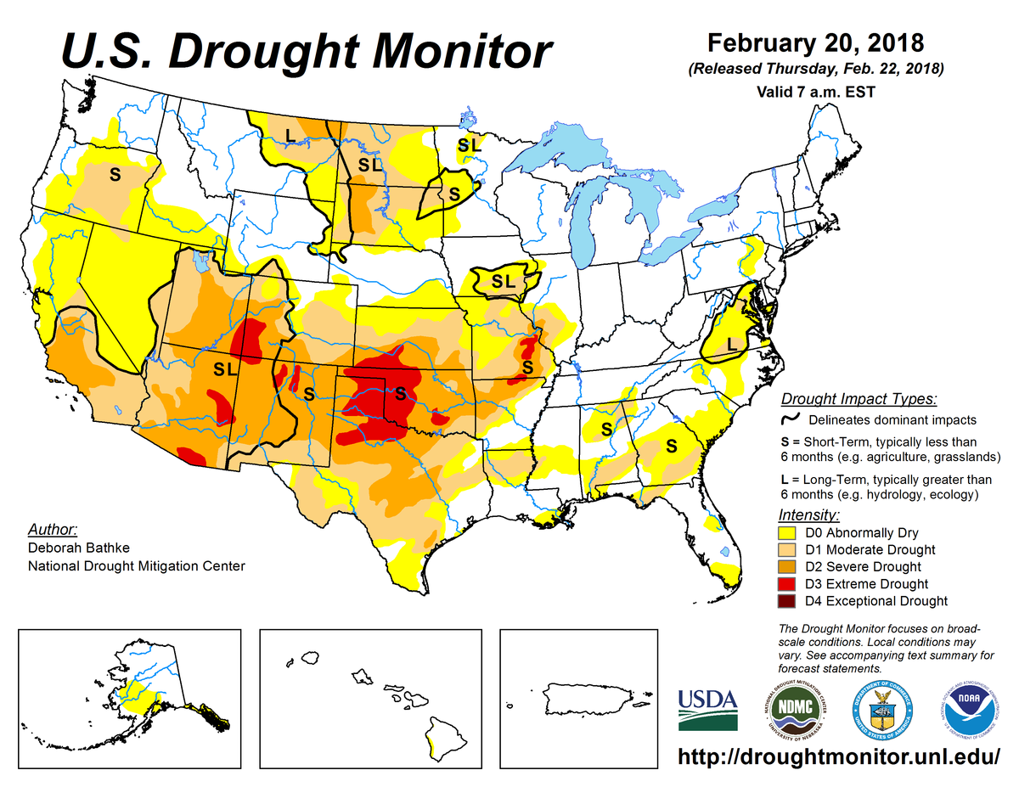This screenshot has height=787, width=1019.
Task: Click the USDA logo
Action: (x=708, y=709)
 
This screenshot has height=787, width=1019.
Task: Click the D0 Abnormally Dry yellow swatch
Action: (x=786, y=533)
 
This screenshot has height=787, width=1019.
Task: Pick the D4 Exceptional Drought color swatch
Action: (x=786, y=601)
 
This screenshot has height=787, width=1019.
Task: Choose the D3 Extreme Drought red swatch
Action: (x=786, y=584)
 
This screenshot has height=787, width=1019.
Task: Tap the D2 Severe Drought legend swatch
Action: (x=786, y=567)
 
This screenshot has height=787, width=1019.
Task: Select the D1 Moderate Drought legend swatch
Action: (x=786, y=550)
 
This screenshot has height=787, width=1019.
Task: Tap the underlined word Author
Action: (x=53, y=529)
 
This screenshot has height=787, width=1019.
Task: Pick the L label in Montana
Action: (x=290, y=133)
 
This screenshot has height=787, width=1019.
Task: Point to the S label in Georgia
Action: (x=670, y=445)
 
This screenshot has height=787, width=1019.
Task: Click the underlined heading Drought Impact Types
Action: (x=859, y=399)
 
